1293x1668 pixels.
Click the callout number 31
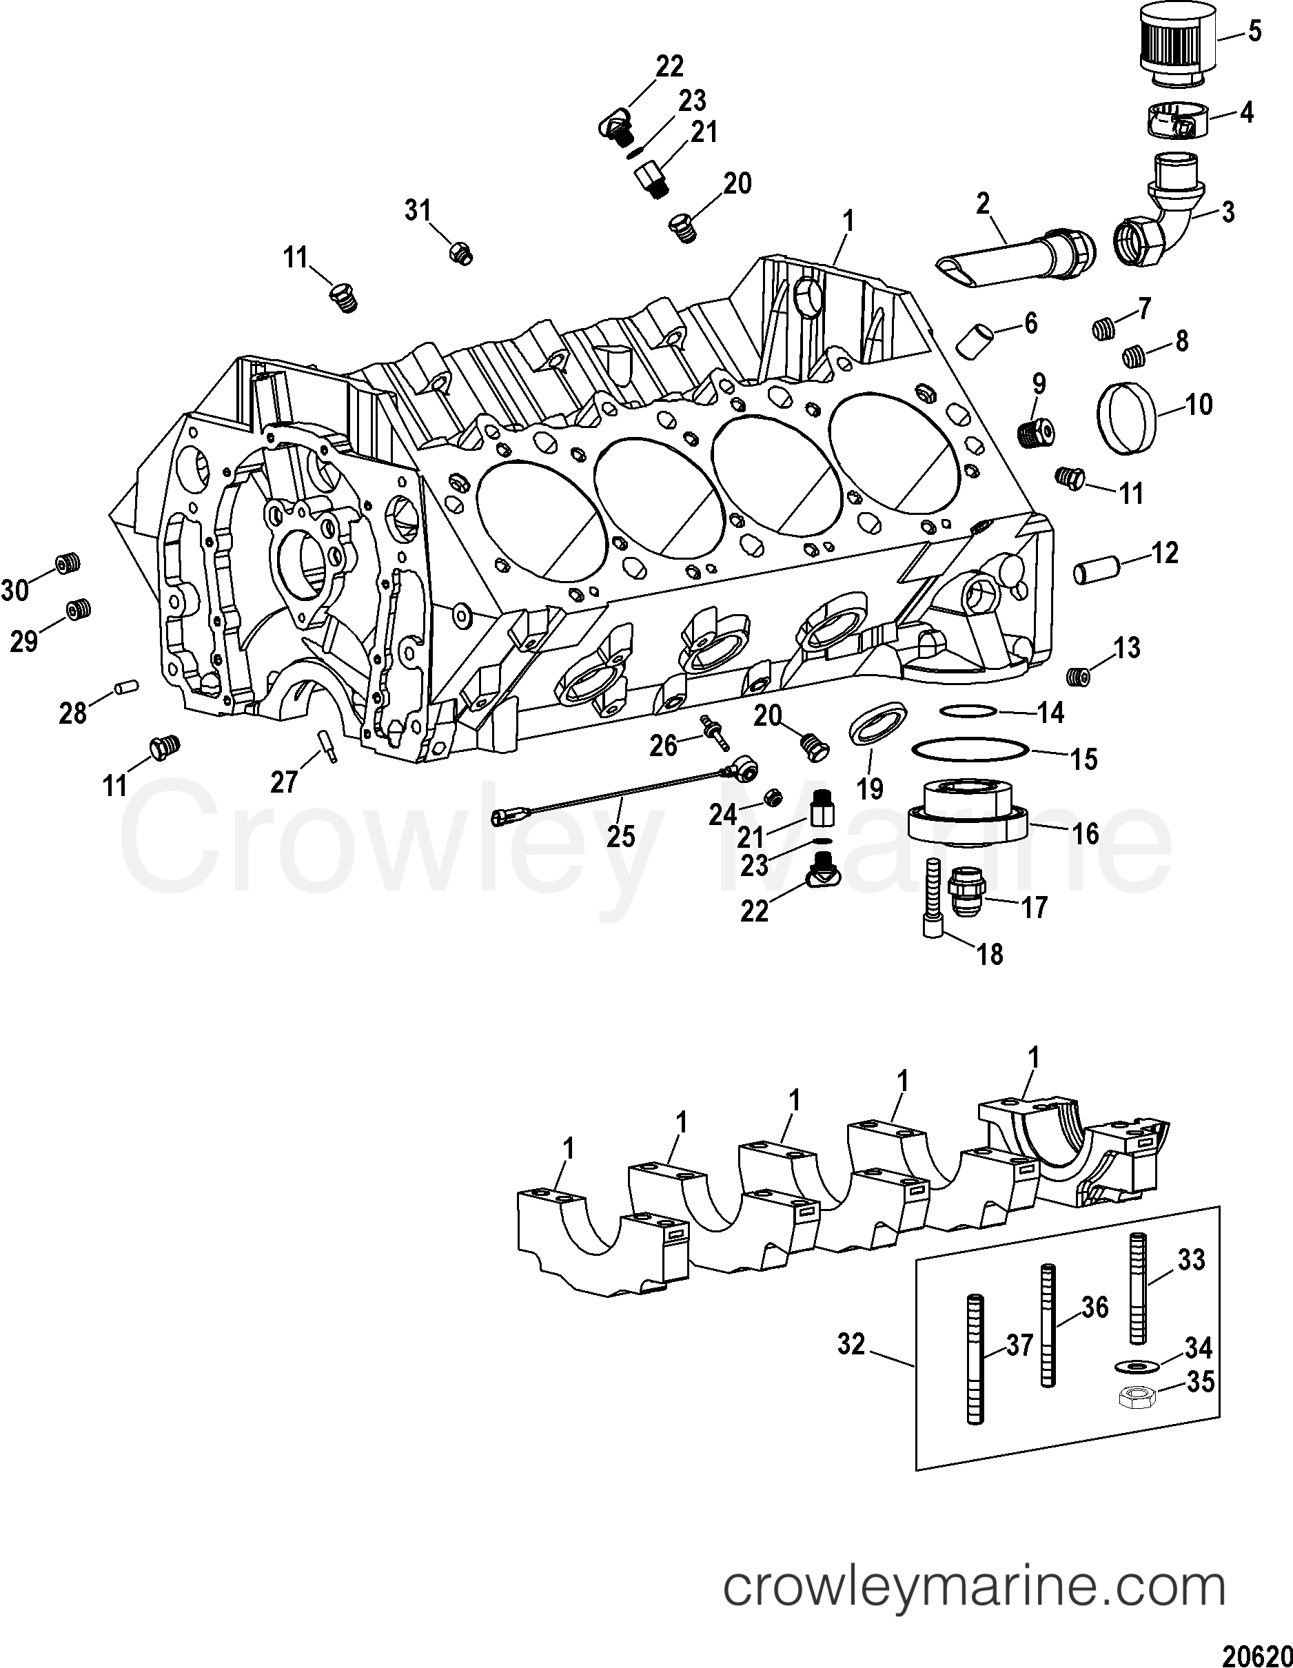(418, 210)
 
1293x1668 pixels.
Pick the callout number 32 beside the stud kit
(851, 1343)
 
